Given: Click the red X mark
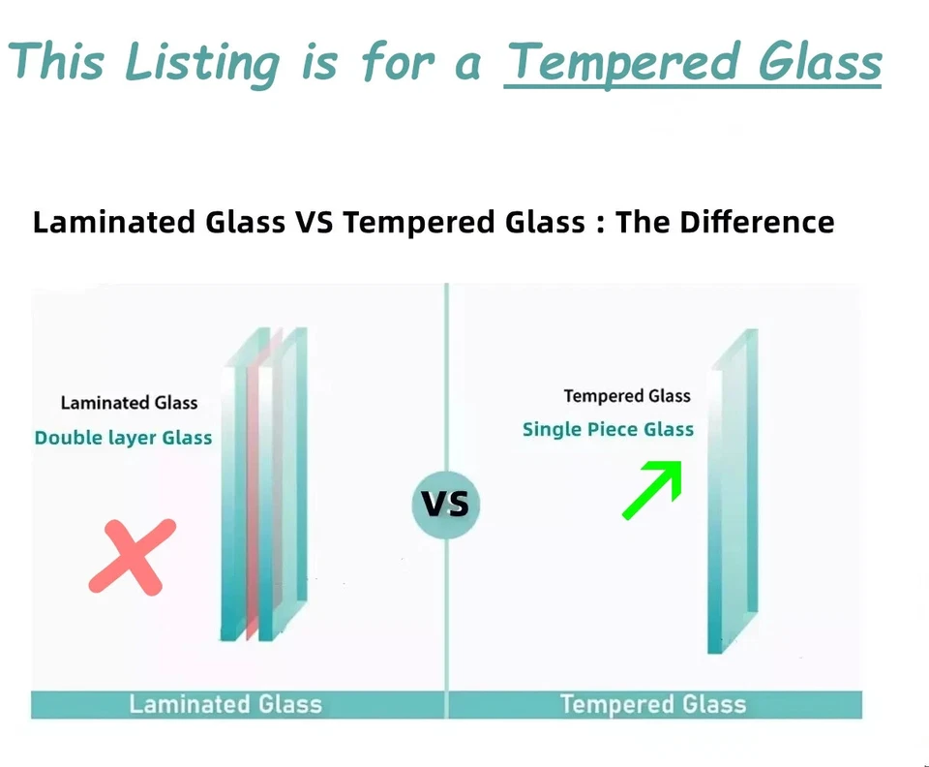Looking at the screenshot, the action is point(133,557).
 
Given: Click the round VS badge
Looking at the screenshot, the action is point(446,505).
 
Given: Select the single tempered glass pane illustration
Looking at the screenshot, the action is point(734,492).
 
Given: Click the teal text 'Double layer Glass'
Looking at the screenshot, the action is point(123,438).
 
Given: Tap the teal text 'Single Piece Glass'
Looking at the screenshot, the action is point(608,429).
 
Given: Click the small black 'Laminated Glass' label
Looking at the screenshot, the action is point(129,403).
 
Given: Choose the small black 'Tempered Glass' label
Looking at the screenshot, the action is point(627,396).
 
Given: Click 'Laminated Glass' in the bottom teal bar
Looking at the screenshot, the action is point(225,704).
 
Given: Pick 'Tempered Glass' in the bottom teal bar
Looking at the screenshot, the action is point(653,704).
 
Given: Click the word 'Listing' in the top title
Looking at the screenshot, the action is point(202,63).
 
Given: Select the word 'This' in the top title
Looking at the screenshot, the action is point(56,61).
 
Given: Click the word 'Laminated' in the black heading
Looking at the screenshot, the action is point(114,223).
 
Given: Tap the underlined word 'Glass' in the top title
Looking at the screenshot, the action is point(821,62).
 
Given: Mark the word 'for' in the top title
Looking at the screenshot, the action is point(398,61).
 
